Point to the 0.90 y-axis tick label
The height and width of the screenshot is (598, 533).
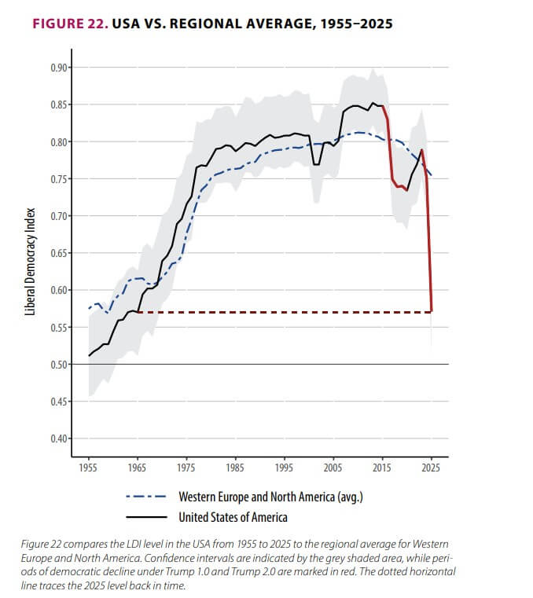coord(58,68)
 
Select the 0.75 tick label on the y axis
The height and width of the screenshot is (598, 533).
coord(58,179)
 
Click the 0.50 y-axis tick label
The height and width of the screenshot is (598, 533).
coord(58,365)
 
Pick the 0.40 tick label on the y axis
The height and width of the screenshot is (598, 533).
coord(58,438)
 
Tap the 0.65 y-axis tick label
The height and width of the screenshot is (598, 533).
coord(58,253)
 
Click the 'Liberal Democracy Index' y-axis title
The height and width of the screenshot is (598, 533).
coord(31,261)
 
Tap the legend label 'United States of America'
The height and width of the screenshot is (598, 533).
coord(233,517)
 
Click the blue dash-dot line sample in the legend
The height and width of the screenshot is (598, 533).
coord(146,497)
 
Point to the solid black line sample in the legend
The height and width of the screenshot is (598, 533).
coord(146,517)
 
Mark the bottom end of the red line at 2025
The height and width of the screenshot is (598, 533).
coord(432,312)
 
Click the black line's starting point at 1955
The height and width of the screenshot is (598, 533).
coord(90,356)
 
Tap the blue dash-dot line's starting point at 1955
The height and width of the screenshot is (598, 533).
coord(90,308)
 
